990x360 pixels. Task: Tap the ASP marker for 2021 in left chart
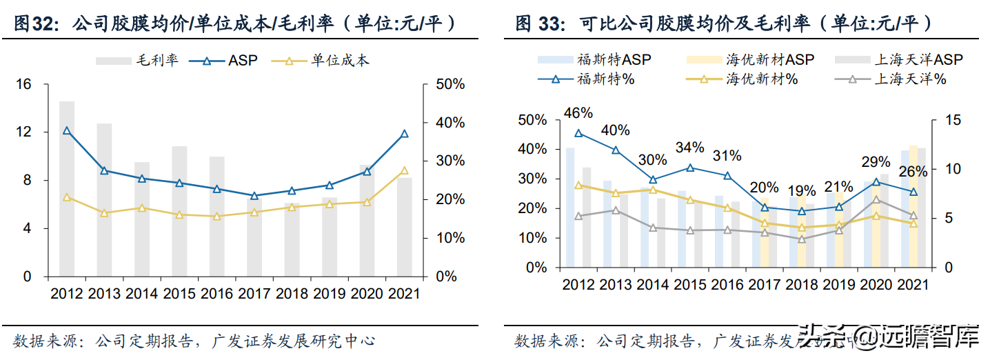click(404, 134)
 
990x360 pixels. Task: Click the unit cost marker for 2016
click(216, 216)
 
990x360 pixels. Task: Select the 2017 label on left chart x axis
click(254, 293)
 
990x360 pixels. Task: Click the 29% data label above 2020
click(876, 162)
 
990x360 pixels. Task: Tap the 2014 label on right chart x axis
click(652, 284)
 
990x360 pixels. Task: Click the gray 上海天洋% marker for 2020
click(876, 200)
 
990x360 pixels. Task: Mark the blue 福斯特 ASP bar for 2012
click(570, 207)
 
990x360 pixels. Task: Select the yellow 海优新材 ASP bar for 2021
click(913, 206)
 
